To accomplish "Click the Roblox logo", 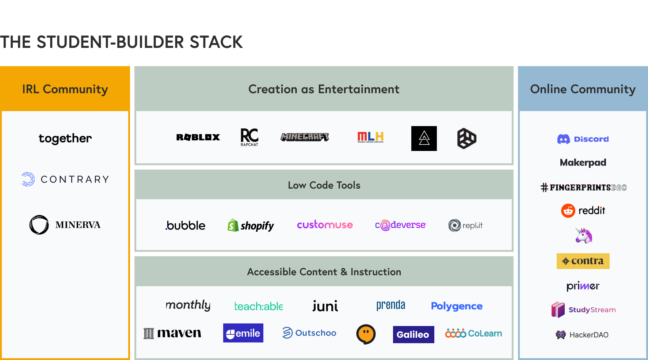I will pos(198,137).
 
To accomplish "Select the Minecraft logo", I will pos(305,137).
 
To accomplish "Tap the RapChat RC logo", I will pos(249,137).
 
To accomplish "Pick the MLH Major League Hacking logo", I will pos(370,137).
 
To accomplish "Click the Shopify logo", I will pos(251,226).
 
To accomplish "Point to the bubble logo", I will pos(186,226).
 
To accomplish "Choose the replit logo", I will pos(465,226).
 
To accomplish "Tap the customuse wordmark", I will pos(325,225).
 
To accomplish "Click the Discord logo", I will pos(583,139).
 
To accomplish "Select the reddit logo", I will pos(583,211).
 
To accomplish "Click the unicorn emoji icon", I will pos(583,235).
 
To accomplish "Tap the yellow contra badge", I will pos(583,261).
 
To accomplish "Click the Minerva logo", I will pos(65,225).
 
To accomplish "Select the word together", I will pos(65,139).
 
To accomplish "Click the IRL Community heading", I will pos(65,89).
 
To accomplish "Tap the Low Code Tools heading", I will pos(324,185).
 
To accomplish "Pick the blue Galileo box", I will pos(413,334).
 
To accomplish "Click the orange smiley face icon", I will pos(366,334).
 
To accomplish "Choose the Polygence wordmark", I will pos(457,306).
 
